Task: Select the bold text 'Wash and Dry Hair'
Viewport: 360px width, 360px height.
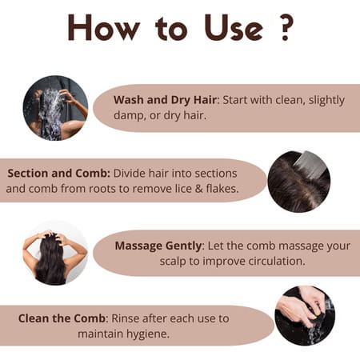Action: point(165,100)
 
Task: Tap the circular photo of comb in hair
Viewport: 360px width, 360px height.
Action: point(298,181)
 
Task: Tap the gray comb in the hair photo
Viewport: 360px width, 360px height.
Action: point(306,164)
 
